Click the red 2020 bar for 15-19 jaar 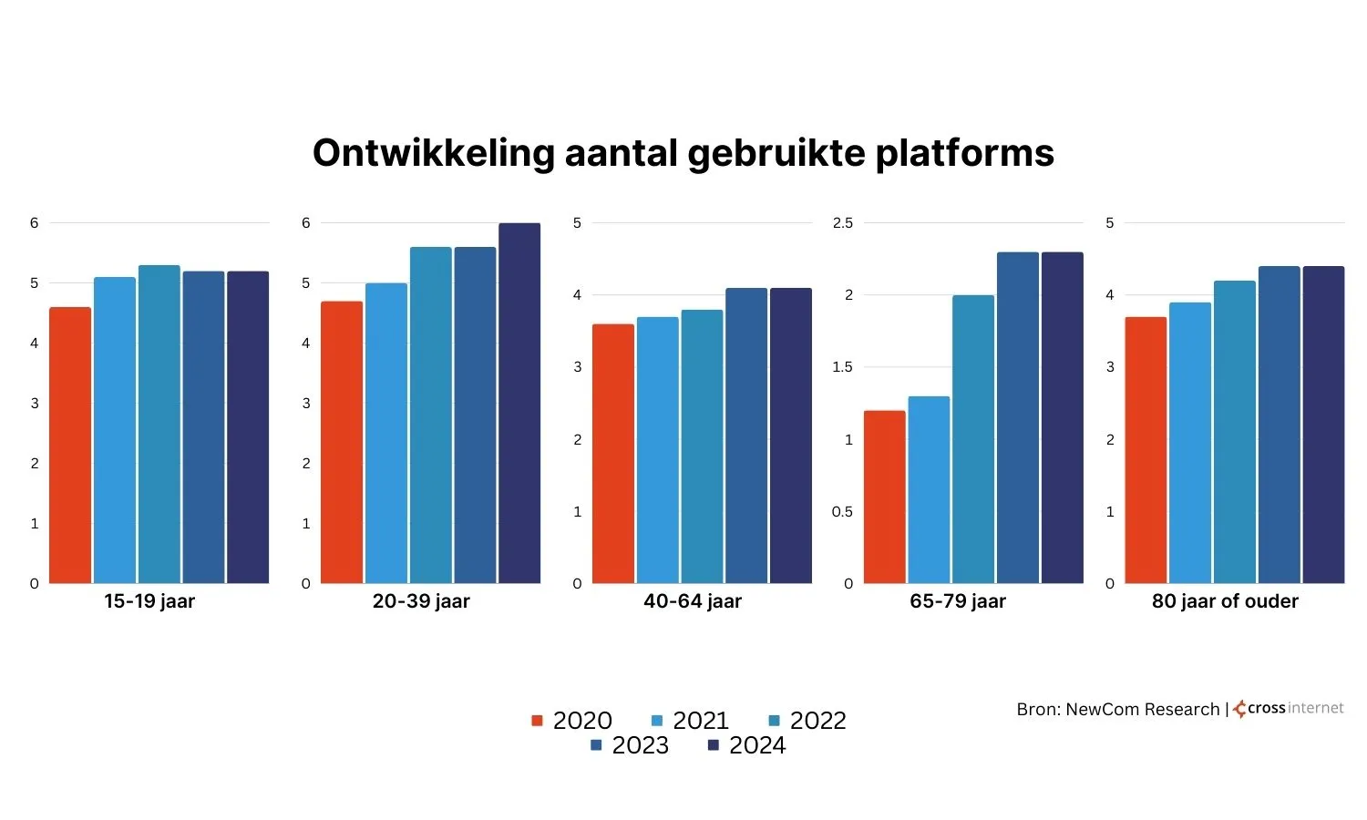(70, 446)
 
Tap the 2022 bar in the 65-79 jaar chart (973, 440)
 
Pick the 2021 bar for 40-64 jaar (658, 451)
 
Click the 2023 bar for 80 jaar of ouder (1279, 425)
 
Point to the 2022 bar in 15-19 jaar (159, 425)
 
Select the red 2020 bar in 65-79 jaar (885, 497)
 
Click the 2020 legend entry (572, 721)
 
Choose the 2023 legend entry (630, 745)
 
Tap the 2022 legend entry (807, 721)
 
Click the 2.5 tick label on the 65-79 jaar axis (843, 223)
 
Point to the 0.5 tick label (842, 512)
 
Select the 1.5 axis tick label (842, 367)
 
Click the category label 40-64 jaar (693, 601)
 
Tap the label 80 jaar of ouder (1225, 601)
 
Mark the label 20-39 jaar (421, 601)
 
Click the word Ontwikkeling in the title (433, 153)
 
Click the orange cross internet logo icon (1239, 709)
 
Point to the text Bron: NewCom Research (1117, 709)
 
